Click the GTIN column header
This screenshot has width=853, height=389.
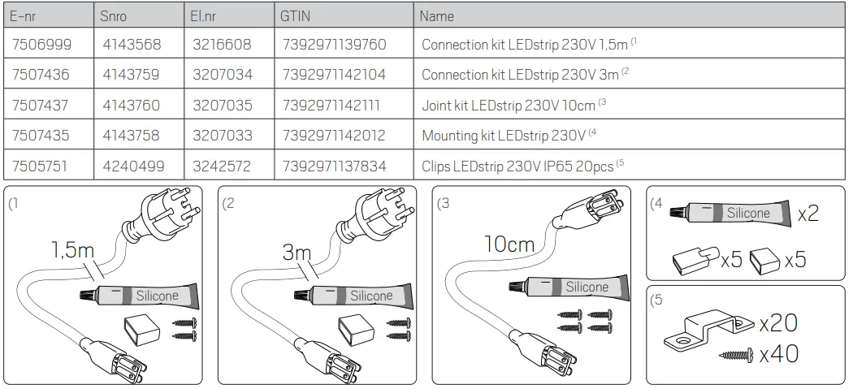pos(295,15)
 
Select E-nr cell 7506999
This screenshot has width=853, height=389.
pos(41,45)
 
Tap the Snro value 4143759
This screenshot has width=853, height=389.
pos(132,75)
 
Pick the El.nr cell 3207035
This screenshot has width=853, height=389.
pos(223,106)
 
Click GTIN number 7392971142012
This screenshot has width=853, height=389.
pos(334,136)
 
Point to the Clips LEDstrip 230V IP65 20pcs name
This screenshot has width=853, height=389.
pos(518,166)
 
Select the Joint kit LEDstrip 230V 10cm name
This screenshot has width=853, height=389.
pos(509,106)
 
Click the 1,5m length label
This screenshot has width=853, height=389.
pos(73,250)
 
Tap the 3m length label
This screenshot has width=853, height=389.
pos(297,253)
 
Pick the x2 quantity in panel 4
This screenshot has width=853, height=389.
pos(808,214)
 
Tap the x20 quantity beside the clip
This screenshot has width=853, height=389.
pos(777,323)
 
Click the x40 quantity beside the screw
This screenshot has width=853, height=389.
pos(777,354)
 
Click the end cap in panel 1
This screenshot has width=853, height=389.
pos(141,331)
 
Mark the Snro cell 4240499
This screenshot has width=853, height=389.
pos(133,166)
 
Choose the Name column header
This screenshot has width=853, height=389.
pos(437,15)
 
